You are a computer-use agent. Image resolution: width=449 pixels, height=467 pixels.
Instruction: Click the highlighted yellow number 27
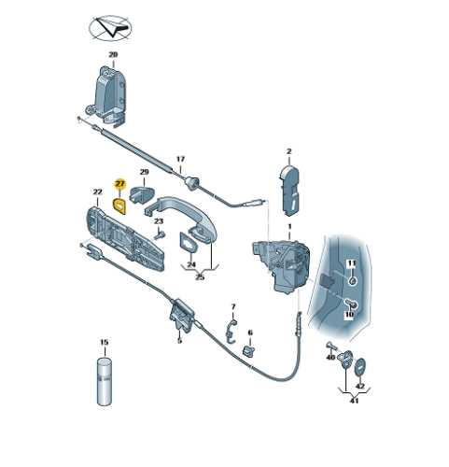(x=119, y=184)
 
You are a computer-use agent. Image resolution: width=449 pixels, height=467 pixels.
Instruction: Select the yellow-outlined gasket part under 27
(x=119, y=206)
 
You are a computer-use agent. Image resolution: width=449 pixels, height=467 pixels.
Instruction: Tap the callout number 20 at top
(x=113, y=54)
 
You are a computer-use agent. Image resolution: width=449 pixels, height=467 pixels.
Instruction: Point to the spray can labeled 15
(x=105, y=381)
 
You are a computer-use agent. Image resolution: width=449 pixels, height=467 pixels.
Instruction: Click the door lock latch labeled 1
(x=282, y=265)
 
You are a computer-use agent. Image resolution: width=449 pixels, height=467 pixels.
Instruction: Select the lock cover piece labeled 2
(x=290, y=191)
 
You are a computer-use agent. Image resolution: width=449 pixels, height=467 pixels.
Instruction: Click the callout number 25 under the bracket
(x=200, y=276)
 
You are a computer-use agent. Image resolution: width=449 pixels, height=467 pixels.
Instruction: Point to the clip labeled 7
(x=231, y=331)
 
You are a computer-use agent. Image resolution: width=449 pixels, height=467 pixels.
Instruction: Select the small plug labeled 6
(x=248, y=351)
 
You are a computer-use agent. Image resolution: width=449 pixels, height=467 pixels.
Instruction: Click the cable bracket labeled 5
(x=181, y=315)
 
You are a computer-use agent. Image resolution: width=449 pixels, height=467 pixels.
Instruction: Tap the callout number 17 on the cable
(x=180, y=159)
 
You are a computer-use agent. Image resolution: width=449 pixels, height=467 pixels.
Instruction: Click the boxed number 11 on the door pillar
(x=351, y=263)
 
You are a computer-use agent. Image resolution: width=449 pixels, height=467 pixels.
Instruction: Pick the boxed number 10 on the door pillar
(x=349, y=315)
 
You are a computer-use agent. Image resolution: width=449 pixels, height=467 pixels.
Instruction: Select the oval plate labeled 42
(x=360, y=368)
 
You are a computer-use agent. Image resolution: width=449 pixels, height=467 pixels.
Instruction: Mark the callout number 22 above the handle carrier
(x=98, y=192)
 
